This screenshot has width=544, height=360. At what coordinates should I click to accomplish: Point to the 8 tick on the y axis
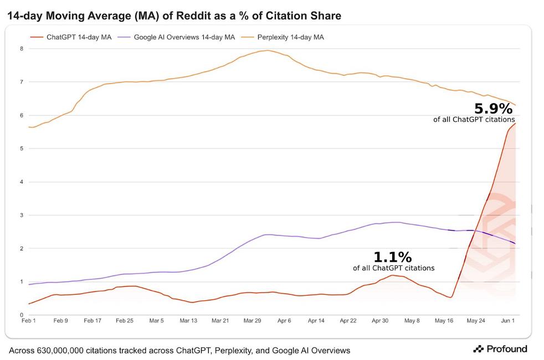tap(21, 49)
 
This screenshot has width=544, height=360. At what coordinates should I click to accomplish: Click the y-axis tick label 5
tap(21, 148)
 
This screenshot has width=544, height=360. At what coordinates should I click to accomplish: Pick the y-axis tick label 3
tap(21, 215)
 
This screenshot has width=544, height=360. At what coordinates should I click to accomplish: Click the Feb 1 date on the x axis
tap(28, 321)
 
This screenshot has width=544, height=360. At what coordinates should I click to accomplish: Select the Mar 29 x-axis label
tap(253, 321)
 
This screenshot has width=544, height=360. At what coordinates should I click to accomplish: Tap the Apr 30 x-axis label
tap(381, 321)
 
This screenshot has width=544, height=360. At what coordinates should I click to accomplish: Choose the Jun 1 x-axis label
tap(509, 321)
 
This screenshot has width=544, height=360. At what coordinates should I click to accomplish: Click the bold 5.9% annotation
tap(493, 109)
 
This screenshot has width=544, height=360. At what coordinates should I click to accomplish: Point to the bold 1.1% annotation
tap(393, 258)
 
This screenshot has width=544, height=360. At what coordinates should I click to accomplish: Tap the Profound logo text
tap(506, 349)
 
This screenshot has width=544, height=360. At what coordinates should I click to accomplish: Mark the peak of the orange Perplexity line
tap(267, 50)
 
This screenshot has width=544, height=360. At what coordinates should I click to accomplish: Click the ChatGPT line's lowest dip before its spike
tap(451, 297)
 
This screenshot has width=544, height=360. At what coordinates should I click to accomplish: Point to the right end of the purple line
tap(516, 244)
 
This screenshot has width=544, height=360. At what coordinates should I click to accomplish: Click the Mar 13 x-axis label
tap(188, 321)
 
